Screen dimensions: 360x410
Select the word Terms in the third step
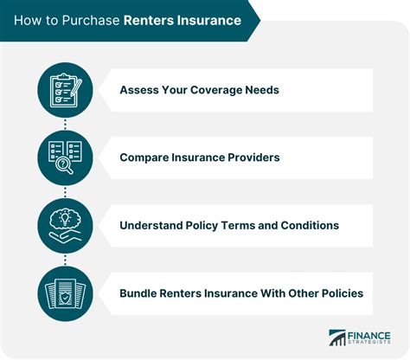point(243,225)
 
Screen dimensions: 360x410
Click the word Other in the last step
point(290,293)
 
